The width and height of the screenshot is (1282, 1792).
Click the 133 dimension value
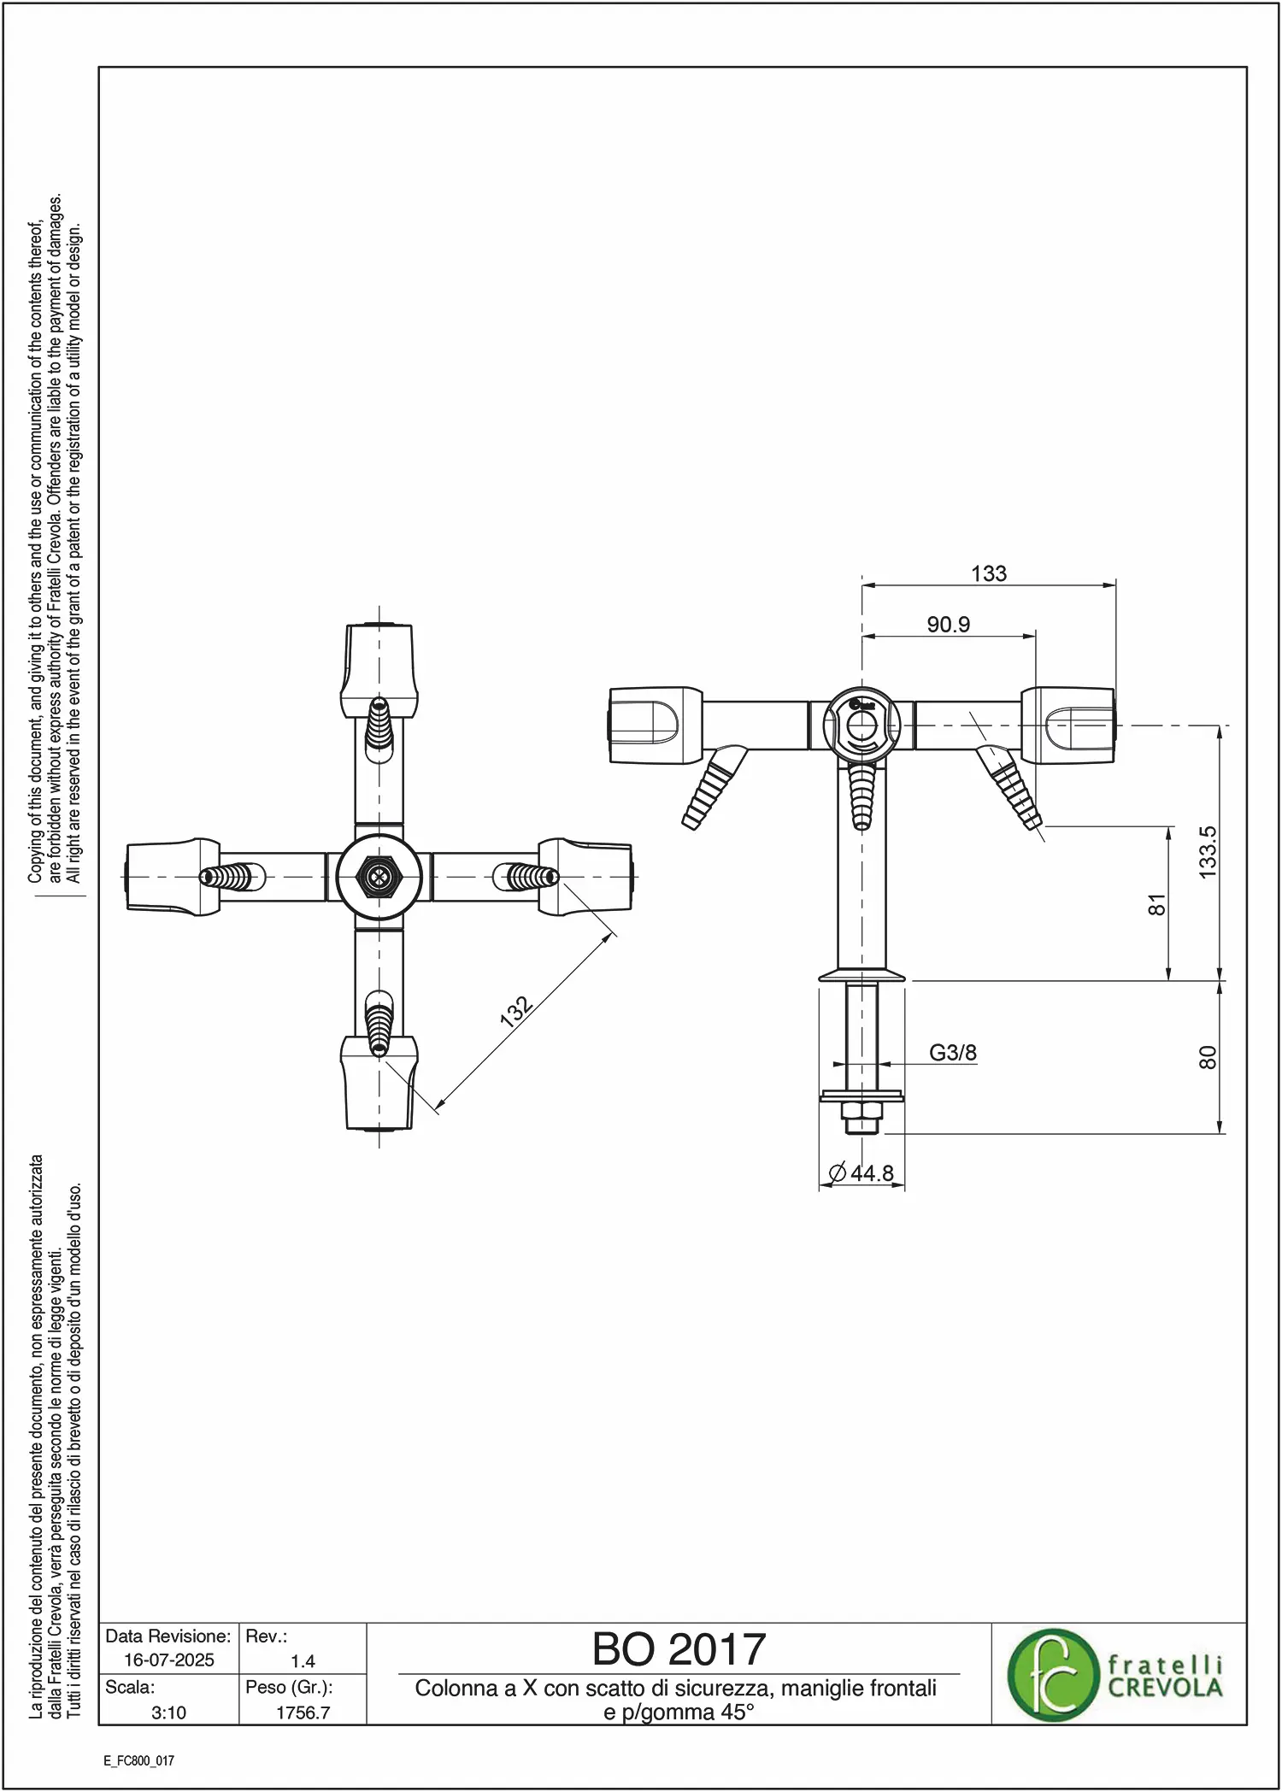(989, 573)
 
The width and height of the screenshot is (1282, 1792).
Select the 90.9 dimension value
(948, 625)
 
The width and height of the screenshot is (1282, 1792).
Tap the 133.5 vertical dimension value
(1207, 852)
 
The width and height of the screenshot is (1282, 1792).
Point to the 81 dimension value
(1156, 904)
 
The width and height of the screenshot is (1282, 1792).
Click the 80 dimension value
(1207, 1057)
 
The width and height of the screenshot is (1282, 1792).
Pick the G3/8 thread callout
(953, 1053)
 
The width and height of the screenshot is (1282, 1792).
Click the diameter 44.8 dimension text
(862, 1172)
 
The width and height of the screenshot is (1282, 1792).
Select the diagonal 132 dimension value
(516, 1010)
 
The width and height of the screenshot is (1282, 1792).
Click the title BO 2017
(679, 1649)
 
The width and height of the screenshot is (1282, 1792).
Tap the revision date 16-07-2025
(169, 1660)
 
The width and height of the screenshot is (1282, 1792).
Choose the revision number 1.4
(303, 1661)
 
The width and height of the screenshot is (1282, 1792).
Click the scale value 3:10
(168, 1713)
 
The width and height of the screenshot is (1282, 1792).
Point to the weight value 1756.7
(303, 1713)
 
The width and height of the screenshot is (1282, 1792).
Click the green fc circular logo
(1052, 1674)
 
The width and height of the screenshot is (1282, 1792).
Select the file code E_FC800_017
(139, 1760)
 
